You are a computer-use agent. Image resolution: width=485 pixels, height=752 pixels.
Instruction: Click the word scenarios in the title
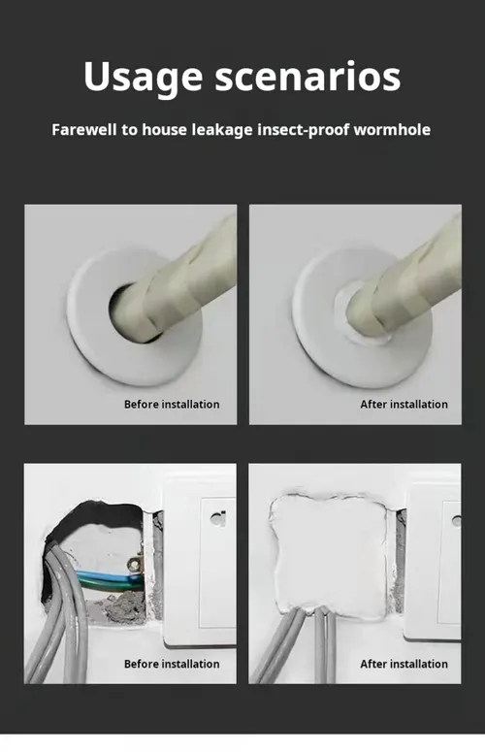[x=307, y=77]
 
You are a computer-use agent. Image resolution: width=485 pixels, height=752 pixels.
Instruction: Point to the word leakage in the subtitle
[x=222, y=130]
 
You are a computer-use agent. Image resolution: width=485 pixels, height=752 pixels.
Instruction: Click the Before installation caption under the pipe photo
[x=172, y=405]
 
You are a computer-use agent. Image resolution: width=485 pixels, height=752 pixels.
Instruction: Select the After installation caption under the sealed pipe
[x=404, y=405]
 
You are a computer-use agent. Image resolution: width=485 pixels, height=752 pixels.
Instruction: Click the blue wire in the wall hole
[x=108, y=575]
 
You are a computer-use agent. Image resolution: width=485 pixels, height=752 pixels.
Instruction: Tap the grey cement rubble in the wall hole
[x=122, y=607]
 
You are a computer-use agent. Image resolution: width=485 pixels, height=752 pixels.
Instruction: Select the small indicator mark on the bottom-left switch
[x=218, y=518]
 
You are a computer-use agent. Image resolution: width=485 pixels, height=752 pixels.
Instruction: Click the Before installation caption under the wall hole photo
[x=172, y=664]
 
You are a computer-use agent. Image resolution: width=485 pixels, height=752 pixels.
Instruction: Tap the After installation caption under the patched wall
[x=404, y=664]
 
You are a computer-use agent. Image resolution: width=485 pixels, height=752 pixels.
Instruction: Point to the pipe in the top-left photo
[x=182, y=288]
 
